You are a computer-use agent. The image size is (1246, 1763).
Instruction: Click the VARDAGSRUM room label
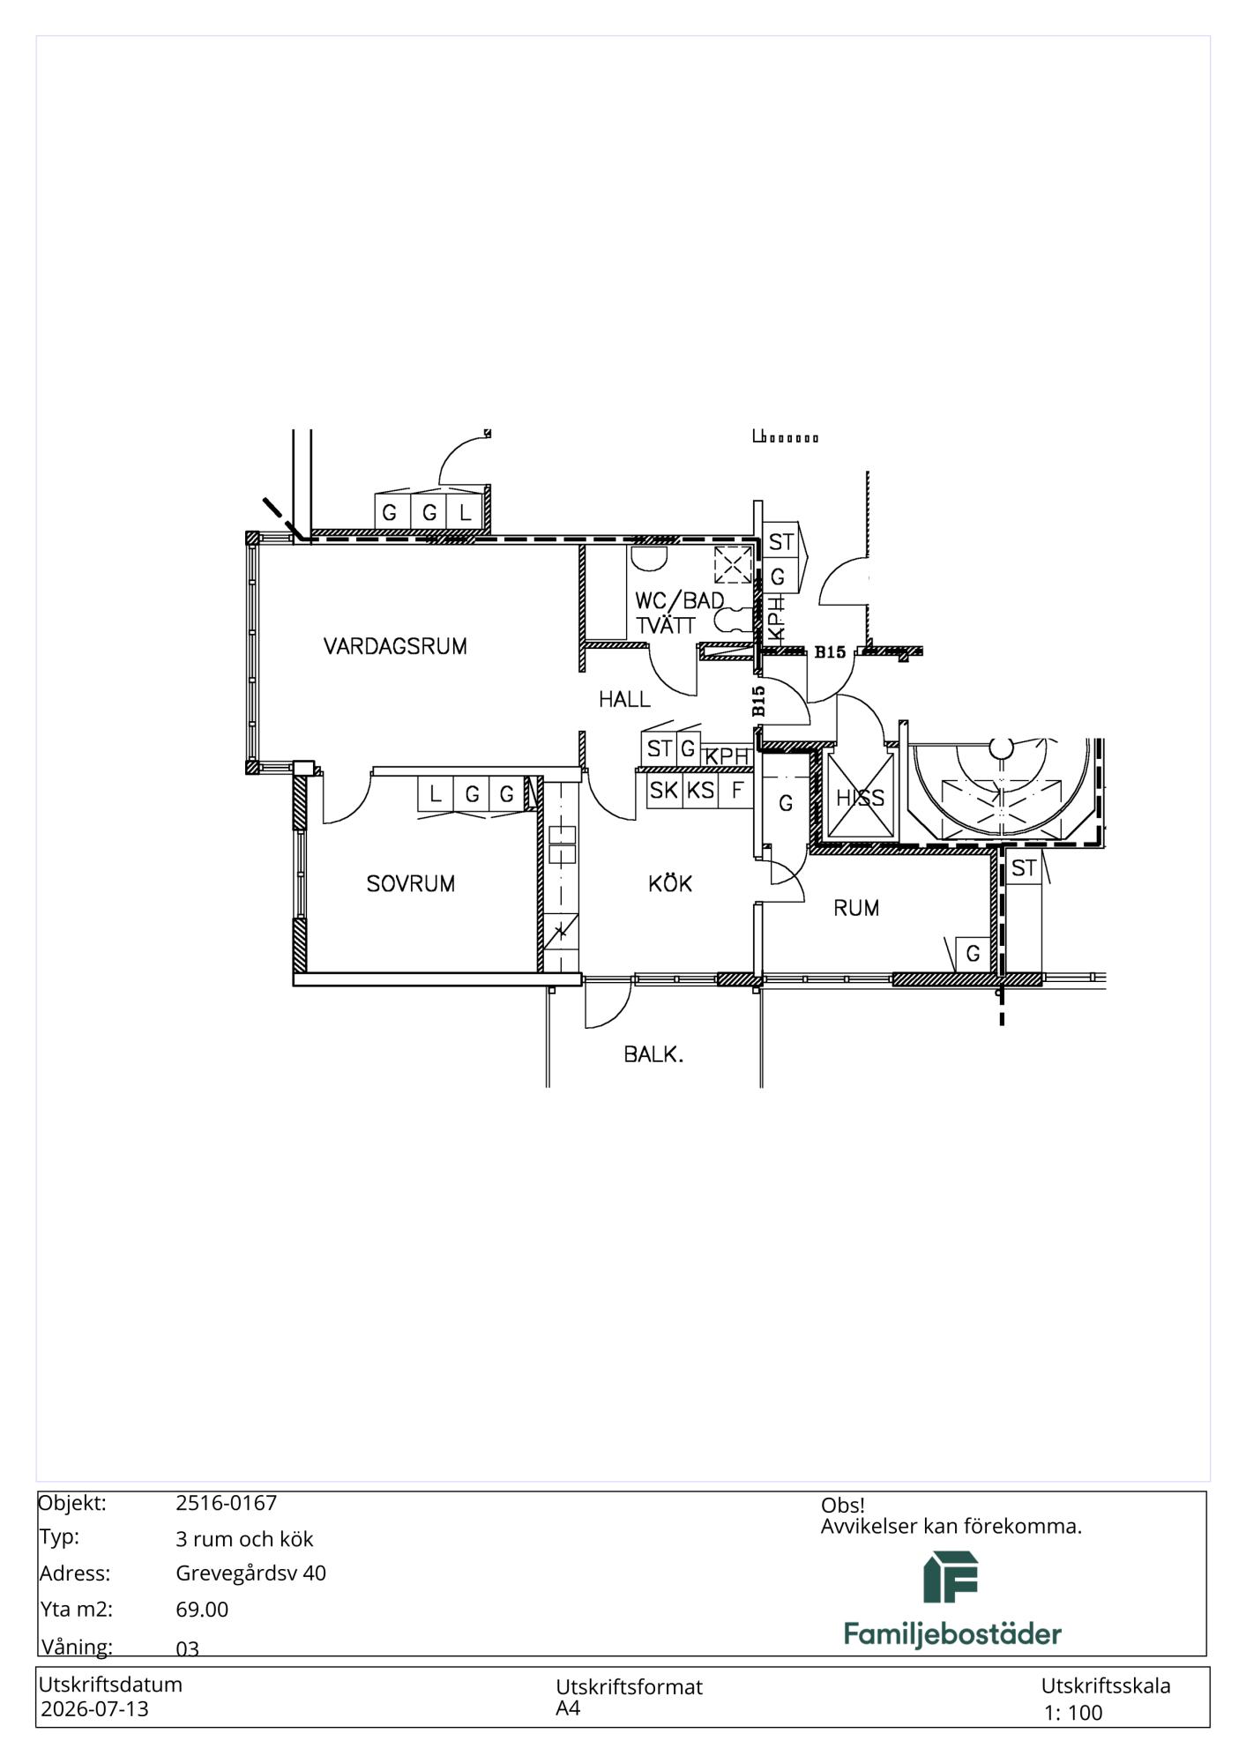click(395, 646)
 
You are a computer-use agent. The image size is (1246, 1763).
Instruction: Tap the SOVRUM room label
click(411, 883)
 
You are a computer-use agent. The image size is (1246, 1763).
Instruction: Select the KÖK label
click(670, 882)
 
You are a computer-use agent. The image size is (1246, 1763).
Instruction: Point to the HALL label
click(624, 699)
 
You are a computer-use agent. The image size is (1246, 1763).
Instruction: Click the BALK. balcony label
click(653, 1053)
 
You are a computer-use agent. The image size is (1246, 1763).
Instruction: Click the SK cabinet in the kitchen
click(664, 791)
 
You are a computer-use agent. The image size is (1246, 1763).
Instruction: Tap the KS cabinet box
click(700, 791)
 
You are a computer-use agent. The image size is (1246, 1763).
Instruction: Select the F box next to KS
click(736, 791)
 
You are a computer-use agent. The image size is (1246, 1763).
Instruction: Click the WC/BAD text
click(679, 601)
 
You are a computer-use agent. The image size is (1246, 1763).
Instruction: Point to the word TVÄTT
click(666, 625)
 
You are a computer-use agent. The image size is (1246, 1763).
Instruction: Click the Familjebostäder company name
click(952, 1634)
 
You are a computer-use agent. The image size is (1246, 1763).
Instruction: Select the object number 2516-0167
click(227, 1503)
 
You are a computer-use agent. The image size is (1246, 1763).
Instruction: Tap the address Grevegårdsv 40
click(251, 1573)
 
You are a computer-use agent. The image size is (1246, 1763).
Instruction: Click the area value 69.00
click(202, 1610)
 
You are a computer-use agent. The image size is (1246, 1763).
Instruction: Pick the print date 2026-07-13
click(95, 1709)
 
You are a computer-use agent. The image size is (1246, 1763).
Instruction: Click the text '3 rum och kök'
click(244, 1539)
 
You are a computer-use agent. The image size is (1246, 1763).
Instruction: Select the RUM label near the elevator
click(856, 908)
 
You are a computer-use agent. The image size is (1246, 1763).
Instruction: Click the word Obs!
click(843, 1506)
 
